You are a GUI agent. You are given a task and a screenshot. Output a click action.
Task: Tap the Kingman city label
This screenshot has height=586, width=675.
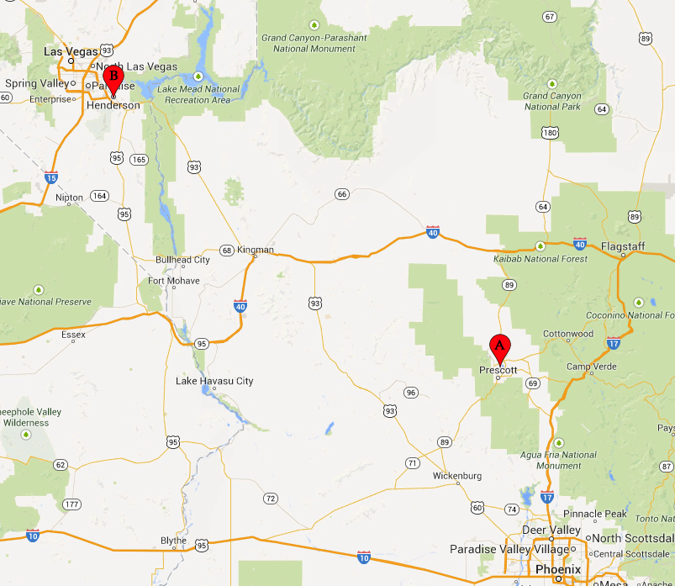(x=256, y=250)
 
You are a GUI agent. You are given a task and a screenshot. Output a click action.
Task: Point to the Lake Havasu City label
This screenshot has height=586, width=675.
(x=214, y=381)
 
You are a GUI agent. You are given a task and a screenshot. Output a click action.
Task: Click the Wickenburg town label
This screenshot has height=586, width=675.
(x=456, y=476)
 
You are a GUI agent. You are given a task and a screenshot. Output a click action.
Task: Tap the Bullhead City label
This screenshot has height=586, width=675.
(x=182, y=260)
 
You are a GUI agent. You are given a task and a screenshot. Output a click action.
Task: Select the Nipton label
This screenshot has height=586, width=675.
(x=69, y=198)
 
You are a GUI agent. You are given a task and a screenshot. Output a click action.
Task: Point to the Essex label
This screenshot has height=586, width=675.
(x=73, y=334)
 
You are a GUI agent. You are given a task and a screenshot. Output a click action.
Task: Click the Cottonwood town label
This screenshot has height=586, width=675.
(x=568, y=334)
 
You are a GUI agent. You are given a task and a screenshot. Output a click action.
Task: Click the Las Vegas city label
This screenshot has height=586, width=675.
(x=71, y=51)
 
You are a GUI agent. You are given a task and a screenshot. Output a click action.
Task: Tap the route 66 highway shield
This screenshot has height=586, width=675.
(x=341, y=194)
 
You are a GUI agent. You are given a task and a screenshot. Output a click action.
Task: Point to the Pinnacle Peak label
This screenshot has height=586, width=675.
(x=595, y=514)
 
